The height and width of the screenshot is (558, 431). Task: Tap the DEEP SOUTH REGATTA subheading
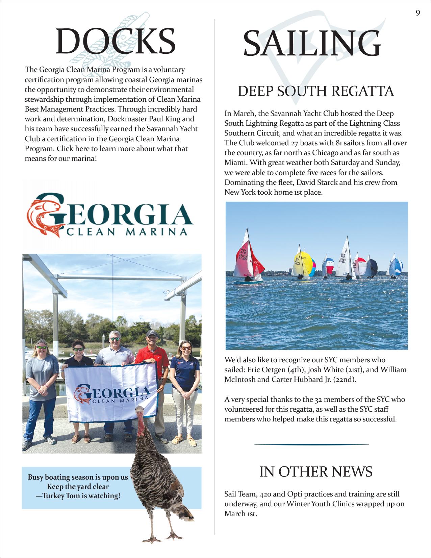click(x=316, y=91)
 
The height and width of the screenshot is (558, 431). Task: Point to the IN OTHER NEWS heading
click(x=316, y=471)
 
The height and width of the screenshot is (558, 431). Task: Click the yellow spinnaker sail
click(x=301, y=264)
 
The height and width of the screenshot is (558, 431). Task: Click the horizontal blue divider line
click(x=311, y=444)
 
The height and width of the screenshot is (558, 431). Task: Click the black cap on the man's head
click(x=152, y=334)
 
